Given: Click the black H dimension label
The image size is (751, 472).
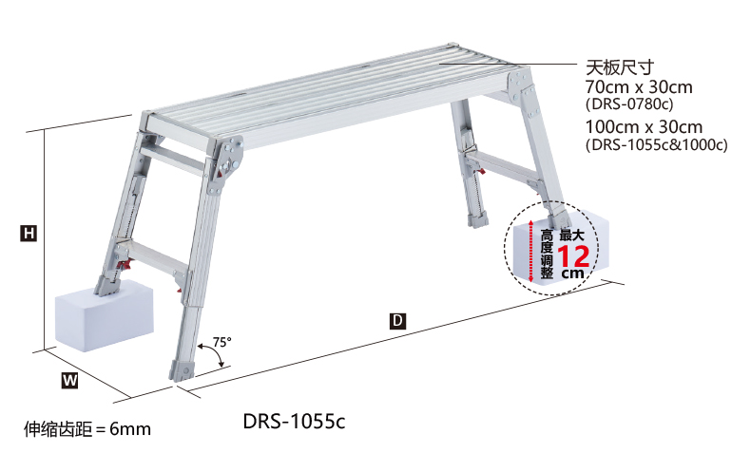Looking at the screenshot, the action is click(x=29, y=234).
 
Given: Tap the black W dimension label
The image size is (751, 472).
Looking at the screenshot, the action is click(x=69, y=381).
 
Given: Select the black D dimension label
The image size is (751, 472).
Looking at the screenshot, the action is click(x=397, y=320).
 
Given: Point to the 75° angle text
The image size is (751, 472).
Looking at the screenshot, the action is click(x=221, y=342).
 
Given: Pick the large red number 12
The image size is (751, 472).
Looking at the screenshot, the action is click(x=573, y=256).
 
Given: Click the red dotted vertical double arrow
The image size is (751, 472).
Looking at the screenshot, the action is click(x=530, y=251).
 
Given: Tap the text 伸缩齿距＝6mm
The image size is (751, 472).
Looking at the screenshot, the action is click(x=87, y=429).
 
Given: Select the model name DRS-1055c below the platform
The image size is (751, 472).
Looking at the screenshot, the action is click(x=294, y=422).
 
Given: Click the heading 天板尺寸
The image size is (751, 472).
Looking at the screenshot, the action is click(x=620, y=67).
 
